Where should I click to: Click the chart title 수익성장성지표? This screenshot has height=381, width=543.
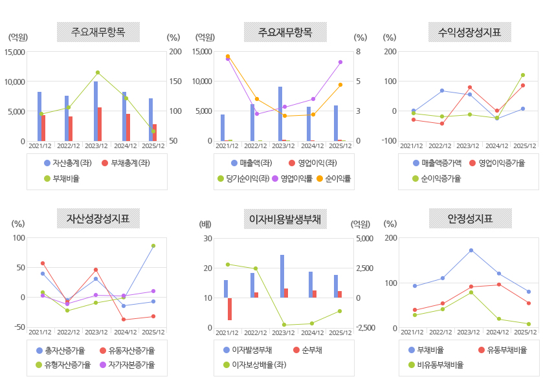pos(470,32)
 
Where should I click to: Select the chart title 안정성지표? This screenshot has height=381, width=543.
pos(470,219)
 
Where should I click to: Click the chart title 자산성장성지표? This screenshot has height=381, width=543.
pos(98,219)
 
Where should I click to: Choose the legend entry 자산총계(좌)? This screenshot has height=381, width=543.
pos(67,163)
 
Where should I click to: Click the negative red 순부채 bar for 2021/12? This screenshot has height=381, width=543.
pos(229,309)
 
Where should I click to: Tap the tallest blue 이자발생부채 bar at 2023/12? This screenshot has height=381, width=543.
pos(282,276)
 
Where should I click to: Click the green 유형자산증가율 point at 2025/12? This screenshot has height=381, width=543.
pos(153,246)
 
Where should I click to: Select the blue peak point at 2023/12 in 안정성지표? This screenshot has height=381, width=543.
pos(471,250)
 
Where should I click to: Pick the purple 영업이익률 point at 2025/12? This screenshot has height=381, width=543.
pos(340,62)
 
